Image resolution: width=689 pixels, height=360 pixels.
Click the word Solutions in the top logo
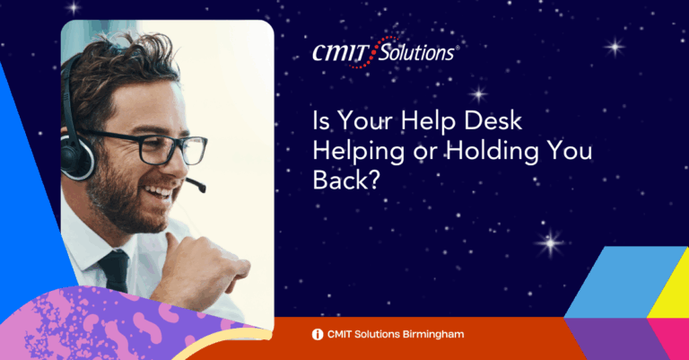416,53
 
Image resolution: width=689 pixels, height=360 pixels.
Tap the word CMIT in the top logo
340,54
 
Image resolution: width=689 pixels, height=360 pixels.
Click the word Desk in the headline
493,120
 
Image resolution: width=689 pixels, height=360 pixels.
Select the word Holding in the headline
493,151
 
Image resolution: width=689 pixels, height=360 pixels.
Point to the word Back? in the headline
345,180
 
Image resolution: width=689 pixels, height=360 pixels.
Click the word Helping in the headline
359,151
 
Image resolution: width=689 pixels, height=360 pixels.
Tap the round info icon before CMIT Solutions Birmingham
318,335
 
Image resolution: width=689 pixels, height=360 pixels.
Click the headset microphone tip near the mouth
201,187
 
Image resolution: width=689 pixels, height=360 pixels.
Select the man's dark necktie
114,270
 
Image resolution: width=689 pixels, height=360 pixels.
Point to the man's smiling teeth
159,191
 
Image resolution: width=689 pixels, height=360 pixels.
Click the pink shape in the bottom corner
669,338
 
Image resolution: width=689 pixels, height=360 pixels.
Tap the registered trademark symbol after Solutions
457,48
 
